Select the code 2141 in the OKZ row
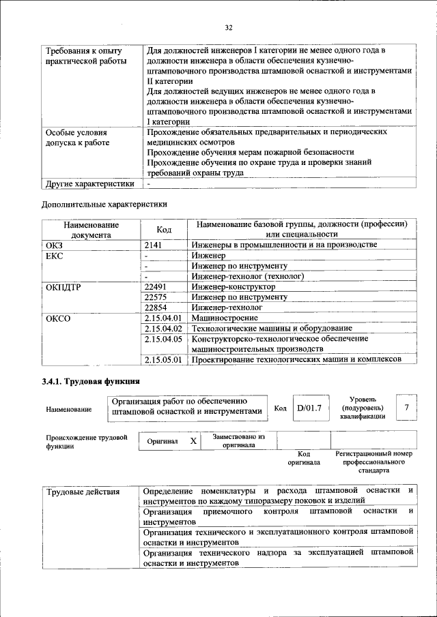[x=155, y=244]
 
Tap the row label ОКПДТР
[x=63, y=287]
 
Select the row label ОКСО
[x=58, y=318]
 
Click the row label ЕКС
[x=54, y=255]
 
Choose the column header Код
[x=163, y=229]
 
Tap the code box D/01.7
[x=309, y=408]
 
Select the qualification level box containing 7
[x=406, y=408]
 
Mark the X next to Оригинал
[x=193, y=441]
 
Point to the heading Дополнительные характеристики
[x=104, y=203]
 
